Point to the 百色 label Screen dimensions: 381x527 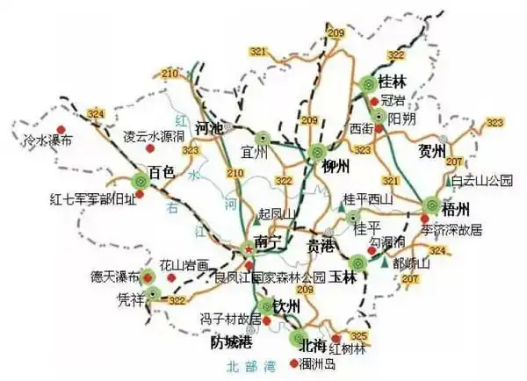tap(164, 170)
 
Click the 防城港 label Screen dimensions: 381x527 tap(232, 342)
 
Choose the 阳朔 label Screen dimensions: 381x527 tap(401, 117)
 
